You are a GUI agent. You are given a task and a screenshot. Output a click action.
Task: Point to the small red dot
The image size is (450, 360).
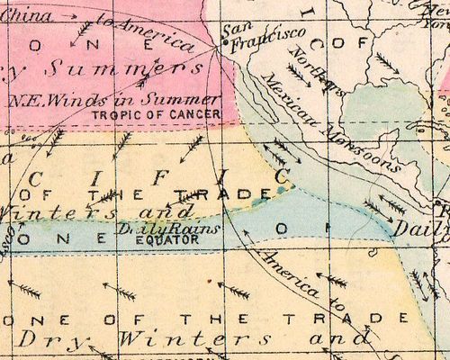[x=208, y=281]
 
